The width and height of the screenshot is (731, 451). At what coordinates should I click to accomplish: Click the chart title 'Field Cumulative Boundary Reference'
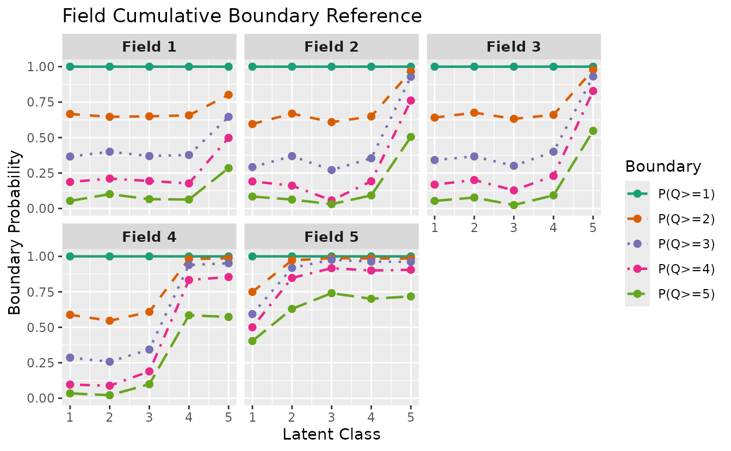pyautogui.click(x=242, y=16)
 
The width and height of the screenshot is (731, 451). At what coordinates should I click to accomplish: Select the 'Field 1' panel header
pyautogui.click(x=149, y=47)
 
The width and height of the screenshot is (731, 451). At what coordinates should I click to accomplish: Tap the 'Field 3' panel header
pyautogui.click(x=513, y=47)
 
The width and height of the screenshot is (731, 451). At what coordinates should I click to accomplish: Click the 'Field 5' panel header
pyautogui.click(x=331, y=237)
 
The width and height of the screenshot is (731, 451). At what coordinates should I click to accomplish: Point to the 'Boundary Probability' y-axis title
pyautogui.click(x=15, y=232)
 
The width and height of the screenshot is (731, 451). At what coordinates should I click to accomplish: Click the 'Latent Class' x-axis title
pyautogui.click(x=331, y=435)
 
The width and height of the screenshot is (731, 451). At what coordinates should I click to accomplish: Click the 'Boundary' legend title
pyautogui.click(x=663, y=166)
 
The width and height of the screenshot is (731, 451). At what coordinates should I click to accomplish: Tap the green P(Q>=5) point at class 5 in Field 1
pyautogui.click(x=228, y=168)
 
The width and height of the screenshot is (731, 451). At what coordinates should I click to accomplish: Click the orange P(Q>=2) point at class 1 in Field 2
pyautogui.click(x=252, y=124)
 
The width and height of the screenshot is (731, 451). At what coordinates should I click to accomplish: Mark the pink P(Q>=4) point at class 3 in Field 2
pyautogui.click(x=331, y=201)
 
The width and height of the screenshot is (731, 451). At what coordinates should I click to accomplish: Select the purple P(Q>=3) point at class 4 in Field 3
pyautogui.click(x=554, y=152)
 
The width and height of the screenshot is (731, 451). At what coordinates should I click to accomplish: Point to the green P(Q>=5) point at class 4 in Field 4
pyautogui.click(x=189, y=315)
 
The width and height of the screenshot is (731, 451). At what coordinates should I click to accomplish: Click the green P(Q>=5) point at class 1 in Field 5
pyautogui.click(x=252, y=341)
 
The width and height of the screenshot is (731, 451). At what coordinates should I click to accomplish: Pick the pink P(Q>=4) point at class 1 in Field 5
pyautogui.click(x=252, y=327)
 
